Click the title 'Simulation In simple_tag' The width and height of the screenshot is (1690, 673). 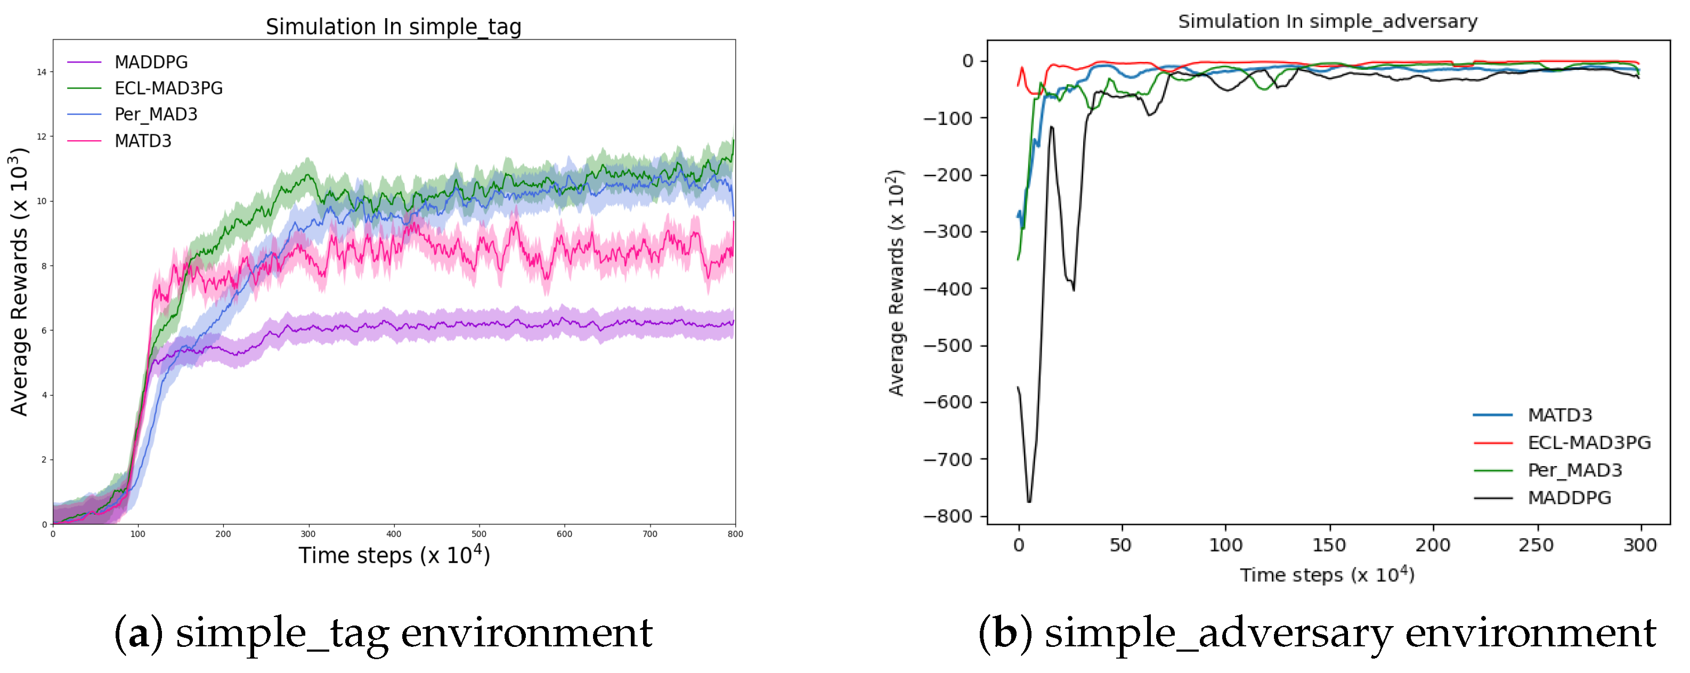point(394,27)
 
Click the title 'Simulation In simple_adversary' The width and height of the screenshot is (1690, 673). point(1327,22)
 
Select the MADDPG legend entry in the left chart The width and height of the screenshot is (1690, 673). point(150,62)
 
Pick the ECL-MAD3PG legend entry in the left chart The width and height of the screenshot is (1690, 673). point(168,89)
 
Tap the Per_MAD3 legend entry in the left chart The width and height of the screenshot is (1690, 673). point(156,114)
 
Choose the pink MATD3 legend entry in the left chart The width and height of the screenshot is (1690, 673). point(142,141)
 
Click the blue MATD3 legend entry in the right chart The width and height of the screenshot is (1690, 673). point(1559,415)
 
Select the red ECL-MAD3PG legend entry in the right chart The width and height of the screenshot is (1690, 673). point(1588,443)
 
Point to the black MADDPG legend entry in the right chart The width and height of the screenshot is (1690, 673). point(1569,498)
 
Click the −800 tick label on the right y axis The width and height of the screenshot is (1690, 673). point(947,516)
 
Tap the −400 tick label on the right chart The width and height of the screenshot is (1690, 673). point(947,289)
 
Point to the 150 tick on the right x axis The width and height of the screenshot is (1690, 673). point(1329,545)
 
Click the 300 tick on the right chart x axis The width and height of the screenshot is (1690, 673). point(1639,545)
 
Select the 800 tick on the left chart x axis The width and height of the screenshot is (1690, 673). point(735,534)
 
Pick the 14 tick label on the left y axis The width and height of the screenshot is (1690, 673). point(42,72)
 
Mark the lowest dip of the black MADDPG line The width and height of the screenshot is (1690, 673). point(1029,502)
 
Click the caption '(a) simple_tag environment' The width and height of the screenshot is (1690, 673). point(383,634)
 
